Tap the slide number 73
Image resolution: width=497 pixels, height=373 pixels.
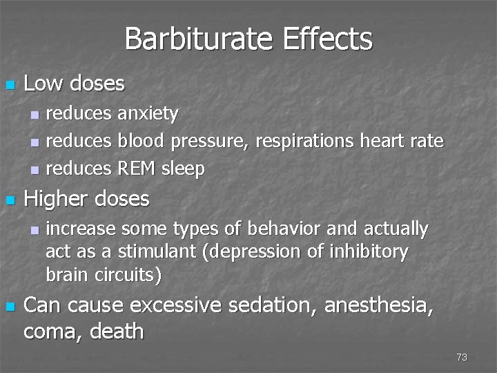[462, 357]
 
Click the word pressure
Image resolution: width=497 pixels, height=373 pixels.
[209, 142]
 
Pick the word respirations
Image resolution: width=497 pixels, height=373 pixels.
[306, 142]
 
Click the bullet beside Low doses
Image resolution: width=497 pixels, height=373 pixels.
[9, 86]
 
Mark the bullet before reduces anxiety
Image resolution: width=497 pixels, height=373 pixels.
[36, 113]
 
